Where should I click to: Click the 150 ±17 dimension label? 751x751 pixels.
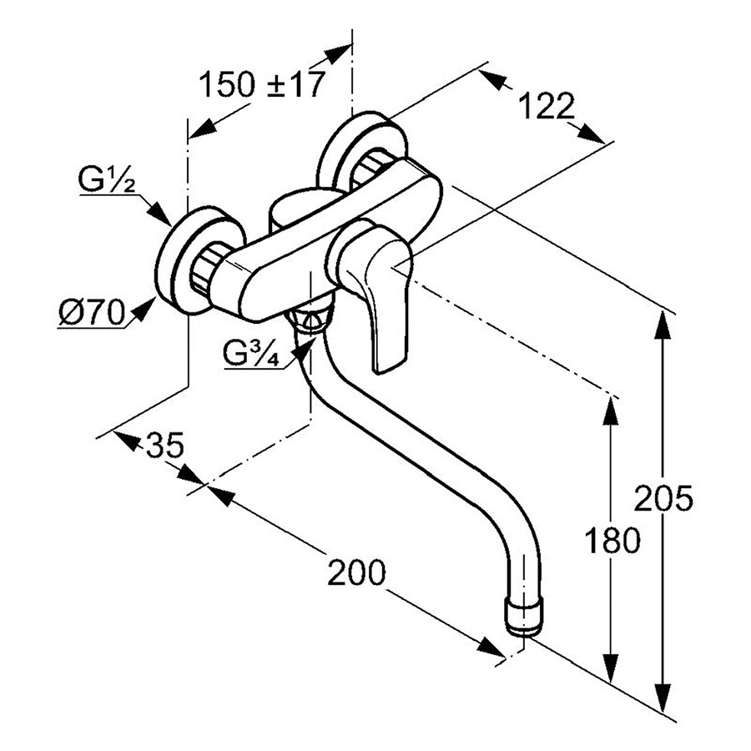(260, 85)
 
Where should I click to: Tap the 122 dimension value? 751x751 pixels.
(547, 107)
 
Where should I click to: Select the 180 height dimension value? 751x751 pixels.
(612, 540)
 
